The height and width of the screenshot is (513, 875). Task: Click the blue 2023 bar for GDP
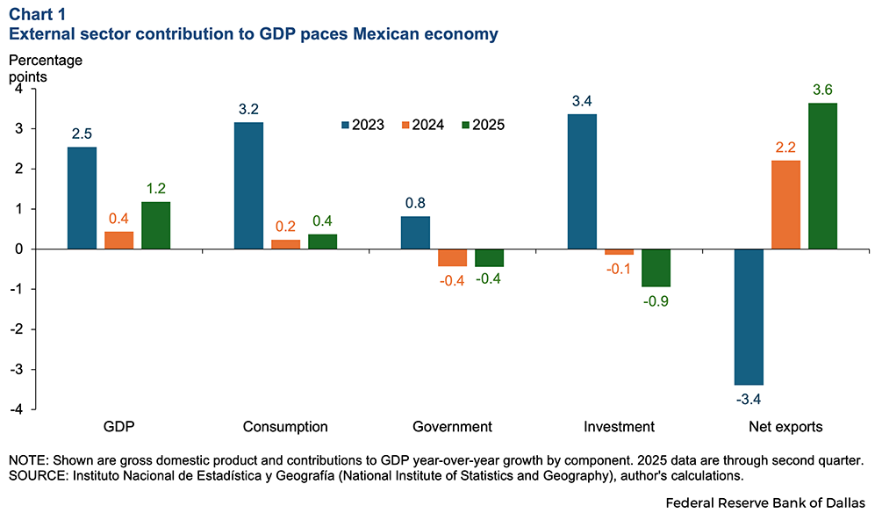[82, 198]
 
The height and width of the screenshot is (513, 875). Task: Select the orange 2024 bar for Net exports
[785, 205]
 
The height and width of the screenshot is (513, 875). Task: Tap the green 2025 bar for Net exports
[822, 176]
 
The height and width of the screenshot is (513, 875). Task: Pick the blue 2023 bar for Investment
[582, 182]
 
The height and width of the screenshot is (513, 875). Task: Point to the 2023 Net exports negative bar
[749, 317]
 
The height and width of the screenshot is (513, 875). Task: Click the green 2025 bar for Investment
[656, 268]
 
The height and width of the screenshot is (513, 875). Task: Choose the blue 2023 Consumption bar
[248, 185]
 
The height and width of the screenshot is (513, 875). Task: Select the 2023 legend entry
[360, 125]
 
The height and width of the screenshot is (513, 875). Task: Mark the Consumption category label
[285, 428]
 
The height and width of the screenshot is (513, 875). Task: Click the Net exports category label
[785, 428]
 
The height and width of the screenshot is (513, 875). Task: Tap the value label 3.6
[822, 90]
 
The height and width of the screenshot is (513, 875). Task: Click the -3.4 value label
[749, 399]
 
